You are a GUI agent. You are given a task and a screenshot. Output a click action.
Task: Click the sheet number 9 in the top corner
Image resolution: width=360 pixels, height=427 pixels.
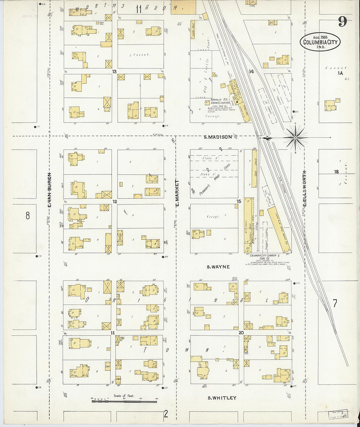pyautogui.click(x=342, y=22)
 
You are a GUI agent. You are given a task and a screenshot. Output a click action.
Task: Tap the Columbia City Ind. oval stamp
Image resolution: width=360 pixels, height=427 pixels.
pyautogui.click(x=320, y=42)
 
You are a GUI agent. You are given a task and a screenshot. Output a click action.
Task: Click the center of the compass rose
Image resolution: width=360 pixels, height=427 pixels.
pyautogui.click(x=295, y=138)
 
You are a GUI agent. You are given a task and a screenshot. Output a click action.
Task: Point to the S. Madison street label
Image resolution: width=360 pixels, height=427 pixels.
pyautogui.click(x=218, y=137)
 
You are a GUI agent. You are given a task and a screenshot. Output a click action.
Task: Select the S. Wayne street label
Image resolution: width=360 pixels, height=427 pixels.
pyautogui.click(x=218, y=267)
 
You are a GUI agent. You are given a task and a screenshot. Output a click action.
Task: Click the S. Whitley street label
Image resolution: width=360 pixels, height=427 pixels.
pyautogui.click(x=222, y=398)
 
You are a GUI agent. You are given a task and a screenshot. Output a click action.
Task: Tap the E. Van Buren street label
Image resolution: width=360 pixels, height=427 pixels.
pyautogui.click(x=50, y=190)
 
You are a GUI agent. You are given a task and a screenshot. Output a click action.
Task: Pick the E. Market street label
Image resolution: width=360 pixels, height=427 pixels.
pyautogui.click(x=177, y=193)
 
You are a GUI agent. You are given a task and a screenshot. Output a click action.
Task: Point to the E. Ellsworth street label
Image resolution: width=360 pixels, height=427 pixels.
pyautogui.click(x=304, y=188)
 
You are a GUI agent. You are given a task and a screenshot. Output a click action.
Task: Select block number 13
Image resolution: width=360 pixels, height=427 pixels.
pyautogui.click(x=114, y=71)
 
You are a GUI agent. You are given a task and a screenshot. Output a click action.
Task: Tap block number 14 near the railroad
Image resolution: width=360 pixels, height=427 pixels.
pyautogui.click(x=251, y=71)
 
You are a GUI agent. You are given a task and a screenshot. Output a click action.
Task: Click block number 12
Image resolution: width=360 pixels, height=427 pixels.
pyautogui.click(x=115, y=202)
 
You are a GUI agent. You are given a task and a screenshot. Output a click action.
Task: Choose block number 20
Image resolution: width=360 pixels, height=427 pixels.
pyautogui.click(x=241, y=333)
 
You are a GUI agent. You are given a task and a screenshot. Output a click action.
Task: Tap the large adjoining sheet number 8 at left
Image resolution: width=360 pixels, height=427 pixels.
pyautogui.click(x=28, y=216)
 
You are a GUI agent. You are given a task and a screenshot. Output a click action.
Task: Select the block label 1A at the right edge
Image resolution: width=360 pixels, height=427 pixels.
pyautogui.click(x=340, y=73)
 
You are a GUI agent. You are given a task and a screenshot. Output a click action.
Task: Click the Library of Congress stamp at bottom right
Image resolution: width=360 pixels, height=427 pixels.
pyautogui.click(x=338, y=415)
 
